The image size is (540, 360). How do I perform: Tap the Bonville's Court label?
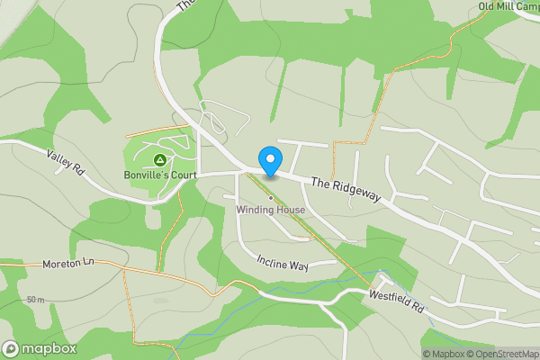[159, 174]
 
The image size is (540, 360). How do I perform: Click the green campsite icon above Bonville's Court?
[159, 159]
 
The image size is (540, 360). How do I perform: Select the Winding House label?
[271, 210]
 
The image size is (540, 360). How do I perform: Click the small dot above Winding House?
[270, 197]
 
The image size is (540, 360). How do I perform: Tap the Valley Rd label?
[66, 163]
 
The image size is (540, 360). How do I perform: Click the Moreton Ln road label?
[67, 265]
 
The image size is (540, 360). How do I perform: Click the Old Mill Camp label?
[509, 6]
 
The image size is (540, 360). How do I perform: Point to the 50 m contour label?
[36, 299]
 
